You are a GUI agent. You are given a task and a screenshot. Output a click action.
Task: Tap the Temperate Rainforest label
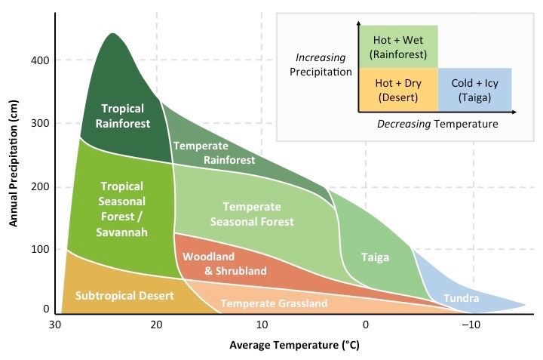point(214,152)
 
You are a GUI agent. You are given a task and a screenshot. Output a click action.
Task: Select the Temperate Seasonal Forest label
point(252,214)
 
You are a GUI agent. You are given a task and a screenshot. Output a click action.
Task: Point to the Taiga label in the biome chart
point(375,257)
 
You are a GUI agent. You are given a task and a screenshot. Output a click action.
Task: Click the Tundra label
point(461,298)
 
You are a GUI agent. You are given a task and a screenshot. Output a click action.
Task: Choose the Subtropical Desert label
point(124,295)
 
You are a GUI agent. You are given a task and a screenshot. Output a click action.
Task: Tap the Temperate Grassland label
point(274,303)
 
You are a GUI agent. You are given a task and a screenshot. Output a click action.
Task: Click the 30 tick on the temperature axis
point(54,325)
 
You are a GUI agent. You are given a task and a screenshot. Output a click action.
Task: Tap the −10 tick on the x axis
point(471,325)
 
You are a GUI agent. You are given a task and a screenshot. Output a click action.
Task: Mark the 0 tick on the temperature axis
point(366,325)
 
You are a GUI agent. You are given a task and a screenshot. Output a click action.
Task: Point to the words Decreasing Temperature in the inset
point(437,124)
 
